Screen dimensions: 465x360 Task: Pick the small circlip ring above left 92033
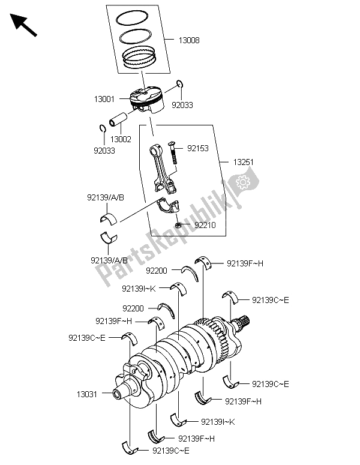pos(102,127)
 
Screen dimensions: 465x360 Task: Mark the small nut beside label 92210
pos(179,225)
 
